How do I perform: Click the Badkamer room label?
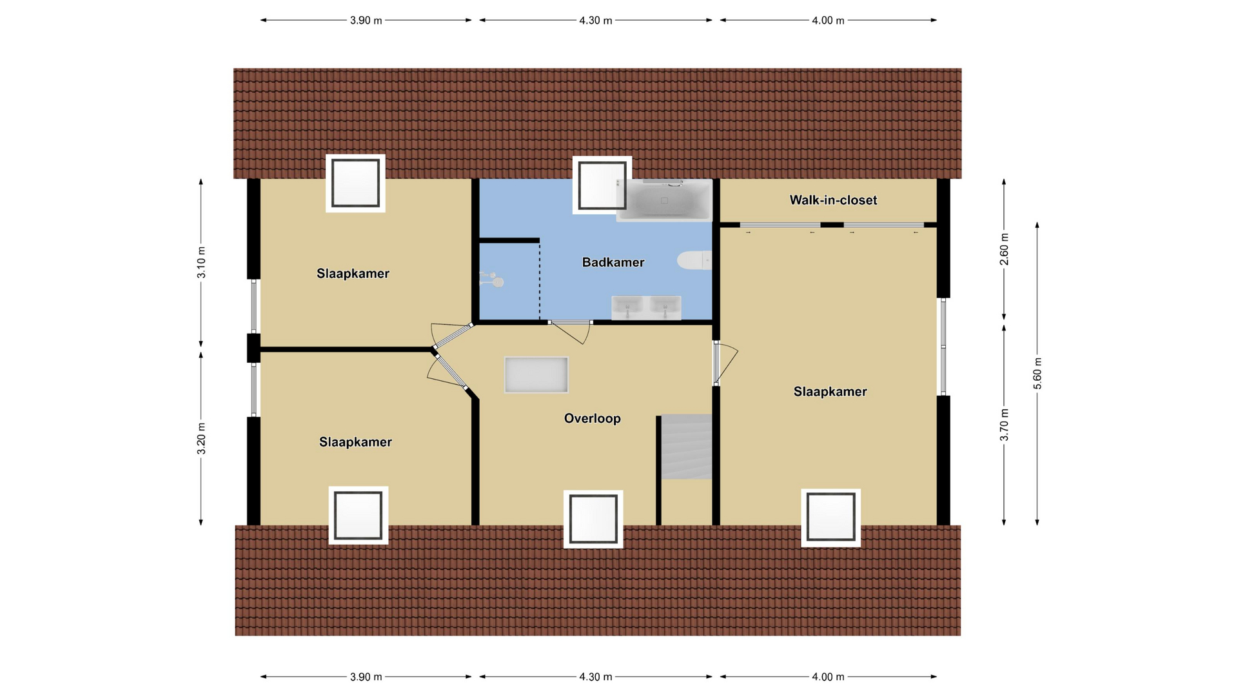click(x=613, y=262)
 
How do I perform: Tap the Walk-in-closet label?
click(x=833, y=200)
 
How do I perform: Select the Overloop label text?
click(x=592, y=418)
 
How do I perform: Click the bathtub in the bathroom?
click(x=664, y=200)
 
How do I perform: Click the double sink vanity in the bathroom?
click(x=646, y=308)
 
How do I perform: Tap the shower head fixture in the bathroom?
click(x=492, y=279)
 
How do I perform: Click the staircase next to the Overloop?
click(x=686, y=447)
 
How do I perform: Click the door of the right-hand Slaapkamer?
click(x=725, y=363)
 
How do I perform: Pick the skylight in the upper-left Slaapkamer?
click(x=355, y=183)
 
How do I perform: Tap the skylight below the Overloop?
click(x=593, y=519)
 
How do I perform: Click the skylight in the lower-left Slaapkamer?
click(x=359, y=515)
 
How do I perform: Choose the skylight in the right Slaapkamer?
click(x=831, y=518)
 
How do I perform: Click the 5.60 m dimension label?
click(x=1037, y=373)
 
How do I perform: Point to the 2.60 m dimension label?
click(x=1004, y=249)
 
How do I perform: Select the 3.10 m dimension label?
click(x=201, y=263)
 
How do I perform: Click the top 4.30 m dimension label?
click(x=595, y=21)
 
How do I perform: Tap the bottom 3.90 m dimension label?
click(x=366, y=677)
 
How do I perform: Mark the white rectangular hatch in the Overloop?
click(x=536, y=375)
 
